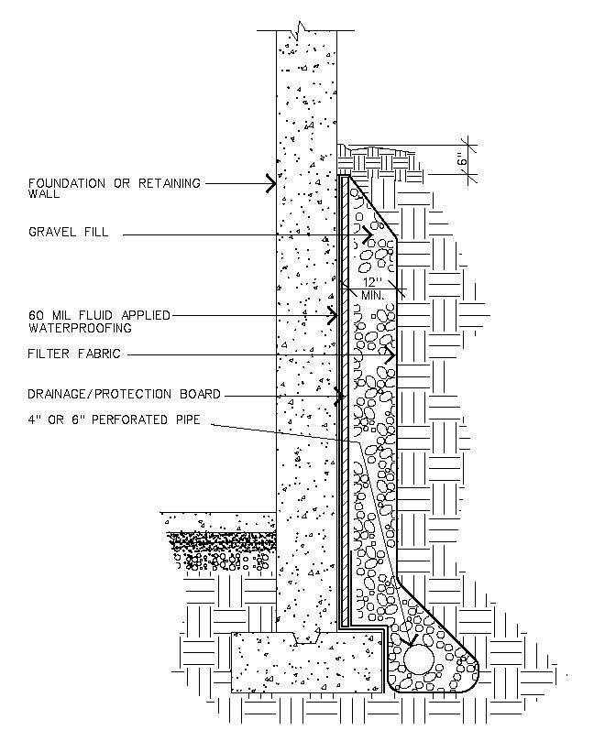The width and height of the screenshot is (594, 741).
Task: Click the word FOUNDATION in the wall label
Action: point(67,183)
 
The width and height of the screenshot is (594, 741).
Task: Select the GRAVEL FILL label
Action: point(69,232)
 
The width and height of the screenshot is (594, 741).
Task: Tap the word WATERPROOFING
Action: point(80,329)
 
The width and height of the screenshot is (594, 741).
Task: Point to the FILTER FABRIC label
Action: point(74,354)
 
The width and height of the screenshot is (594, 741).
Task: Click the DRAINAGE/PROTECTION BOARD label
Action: point(125,394)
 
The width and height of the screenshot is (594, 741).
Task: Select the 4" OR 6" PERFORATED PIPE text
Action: point(114,420)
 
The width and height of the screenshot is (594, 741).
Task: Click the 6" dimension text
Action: point(462,159)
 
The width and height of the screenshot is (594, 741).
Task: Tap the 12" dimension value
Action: point(372,283)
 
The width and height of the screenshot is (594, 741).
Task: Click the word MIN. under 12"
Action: point(373,295)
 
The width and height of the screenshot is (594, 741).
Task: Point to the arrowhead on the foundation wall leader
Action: point(271,183)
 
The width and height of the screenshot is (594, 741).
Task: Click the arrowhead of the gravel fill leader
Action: point(368,234)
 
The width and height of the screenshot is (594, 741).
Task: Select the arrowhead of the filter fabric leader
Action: point(390,354)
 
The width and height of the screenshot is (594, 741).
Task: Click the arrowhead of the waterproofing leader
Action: point(333,315)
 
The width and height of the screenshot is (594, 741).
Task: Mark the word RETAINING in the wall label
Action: point(170,183)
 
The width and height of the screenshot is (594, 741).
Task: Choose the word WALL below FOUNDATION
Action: point(44,194)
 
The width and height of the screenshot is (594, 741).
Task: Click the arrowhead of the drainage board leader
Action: point(339,396)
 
